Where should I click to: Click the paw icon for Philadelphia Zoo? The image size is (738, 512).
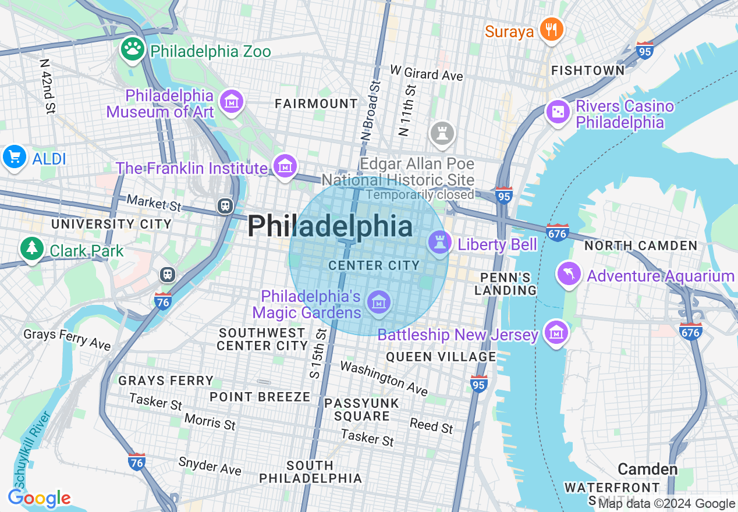133,49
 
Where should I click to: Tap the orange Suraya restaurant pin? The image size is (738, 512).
550,29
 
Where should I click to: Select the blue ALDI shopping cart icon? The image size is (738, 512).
14,158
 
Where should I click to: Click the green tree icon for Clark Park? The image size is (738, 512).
31,249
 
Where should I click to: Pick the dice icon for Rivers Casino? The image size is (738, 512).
558,112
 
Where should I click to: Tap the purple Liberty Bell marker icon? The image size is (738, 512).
439,243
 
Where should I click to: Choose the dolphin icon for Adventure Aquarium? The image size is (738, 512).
569,274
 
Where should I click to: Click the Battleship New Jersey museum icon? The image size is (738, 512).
556,333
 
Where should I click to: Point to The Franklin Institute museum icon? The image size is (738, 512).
285,166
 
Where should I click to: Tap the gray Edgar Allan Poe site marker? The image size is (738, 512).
441,133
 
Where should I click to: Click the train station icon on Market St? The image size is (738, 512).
225,205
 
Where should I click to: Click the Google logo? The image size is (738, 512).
39,499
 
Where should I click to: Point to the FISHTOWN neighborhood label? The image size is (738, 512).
588,70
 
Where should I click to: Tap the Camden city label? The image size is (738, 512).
647,469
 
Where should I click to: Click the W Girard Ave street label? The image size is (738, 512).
427,73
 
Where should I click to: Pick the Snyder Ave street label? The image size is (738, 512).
210,465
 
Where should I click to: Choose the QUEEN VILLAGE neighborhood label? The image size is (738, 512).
441,357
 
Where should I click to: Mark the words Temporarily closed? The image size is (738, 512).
420,195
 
